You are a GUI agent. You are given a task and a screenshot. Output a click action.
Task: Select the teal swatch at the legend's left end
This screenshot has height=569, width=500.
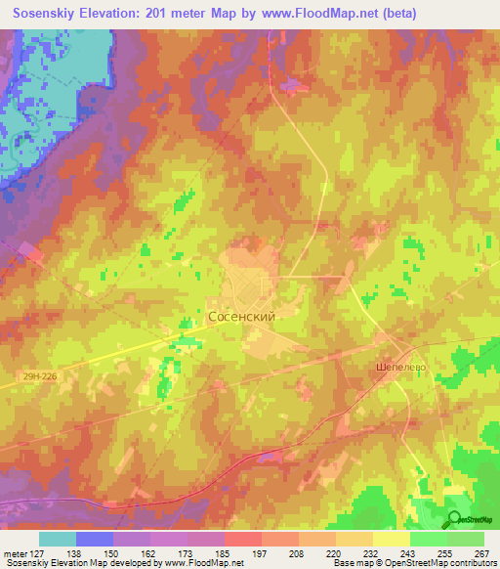click(x=58, y=539)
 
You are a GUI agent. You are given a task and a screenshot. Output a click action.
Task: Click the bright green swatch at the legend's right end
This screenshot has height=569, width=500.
click(x=466, y=539)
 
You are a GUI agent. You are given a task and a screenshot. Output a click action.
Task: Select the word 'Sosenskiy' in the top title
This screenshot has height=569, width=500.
click(x=45, y=13)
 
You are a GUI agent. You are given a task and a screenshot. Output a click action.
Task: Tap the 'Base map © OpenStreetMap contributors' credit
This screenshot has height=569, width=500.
click(x=413, y=563)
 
